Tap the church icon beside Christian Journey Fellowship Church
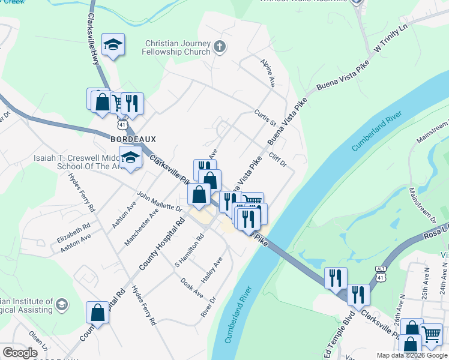[220, 46]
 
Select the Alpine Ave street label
[268, 73]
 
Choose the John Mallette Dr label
[160, 202]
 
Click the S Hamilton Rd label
[190, 250]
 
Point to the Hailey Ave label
[212, 270]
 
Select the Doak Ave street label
[193, 289]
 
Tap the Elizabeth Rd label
[74, 233]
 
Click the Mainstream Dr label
[421, 205]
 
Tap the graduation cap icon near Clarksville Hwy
[113, 44]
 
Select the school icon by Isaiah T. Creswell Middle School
[130, 157]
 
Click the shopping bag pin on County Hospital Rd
[97, 312]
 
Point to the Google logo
[20, 353]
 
